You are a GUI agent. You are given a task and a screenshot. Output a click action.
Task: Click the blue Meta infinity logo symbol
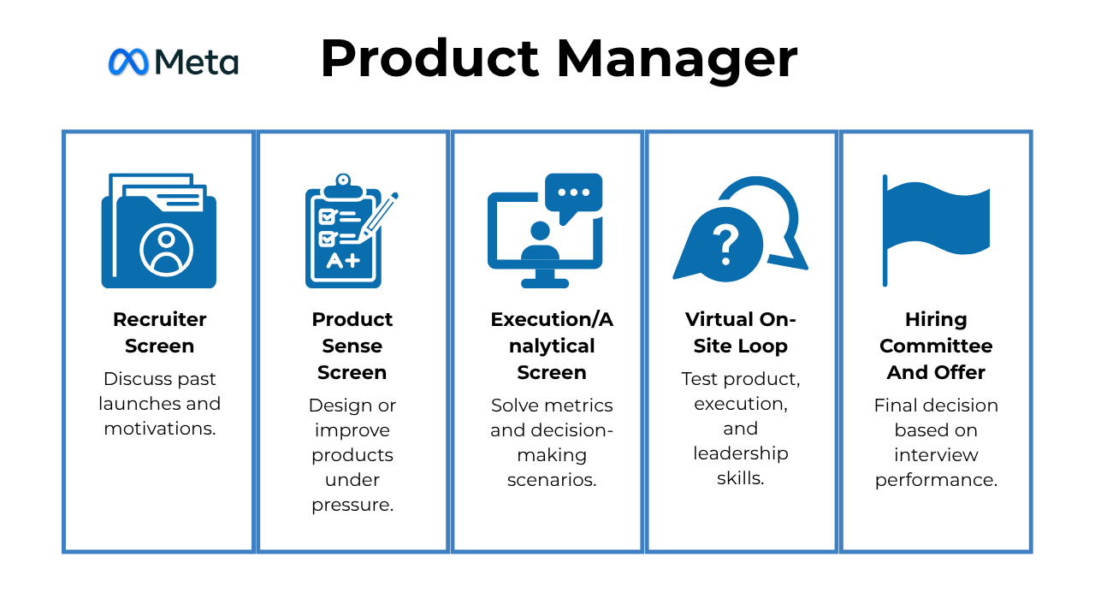coord(128,62)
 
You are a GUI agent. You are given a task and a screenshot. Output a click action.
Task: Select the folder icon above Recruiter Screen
coord(159,230)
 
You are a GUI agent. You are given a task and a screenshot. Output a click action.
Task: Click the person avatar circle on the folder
coord(167,250)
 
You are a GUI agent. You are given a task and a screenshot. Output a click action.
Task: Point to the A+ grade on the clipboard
coord(343,261)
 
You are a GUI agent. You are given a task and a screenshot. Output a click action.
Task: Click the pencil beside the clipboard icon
coord(378,217)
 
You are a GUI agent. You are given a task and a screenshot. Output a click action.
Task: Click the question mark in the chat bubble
coord(726,245)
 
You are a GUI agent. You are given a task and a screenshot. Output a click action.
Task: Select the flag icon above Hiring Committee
coord(936,230)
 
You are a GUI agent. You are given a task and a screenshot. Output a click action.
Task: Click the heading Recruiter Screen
coord(159,333)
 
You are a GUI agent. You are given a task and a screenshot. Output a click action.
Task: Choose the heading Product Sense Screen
coord(352,346)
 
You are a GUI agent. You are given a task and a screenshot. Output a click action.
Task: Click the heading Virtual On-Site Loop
coord(741,333)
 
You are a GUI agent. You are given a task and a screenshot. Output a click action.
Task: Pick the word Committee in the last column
coord(936,346)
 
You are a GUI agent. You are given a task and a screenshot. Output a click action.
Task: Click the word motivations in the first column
coord(160,429)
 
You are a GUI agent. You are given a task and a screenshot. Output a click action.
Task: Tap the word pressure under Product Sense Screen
coord(352,505)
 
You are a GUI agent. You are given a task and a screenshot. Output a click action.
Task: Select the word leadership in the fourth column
coord(741,454)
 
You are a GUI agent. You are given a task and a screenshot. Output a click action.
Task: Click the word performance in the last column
coord(936,481)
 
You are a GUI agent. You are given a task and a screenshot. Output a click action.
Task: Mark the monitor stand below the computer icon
coord(545,279)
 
